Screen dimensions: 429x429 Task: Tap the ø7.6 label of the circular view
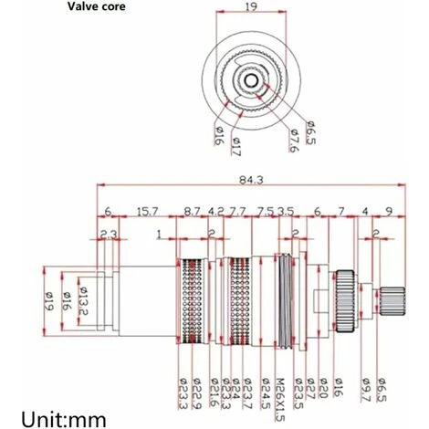[295, 141]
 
